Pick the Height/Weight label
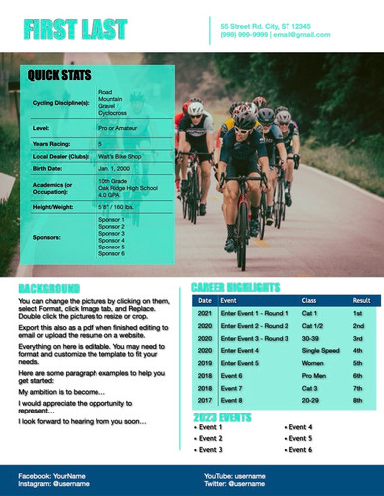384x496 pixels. click(54, 206)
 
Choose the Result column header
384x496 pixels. click(361, 300)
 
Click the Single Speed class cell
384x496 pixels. click(320, 350)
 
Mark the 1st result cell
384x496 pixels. click(357, 312)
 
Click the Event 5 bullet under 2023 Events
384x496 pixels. click(297, 438)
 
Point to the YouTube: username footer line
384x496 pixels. click(240, 476)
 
